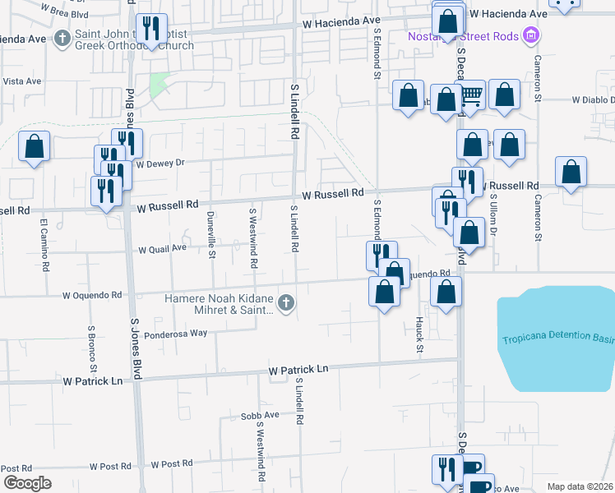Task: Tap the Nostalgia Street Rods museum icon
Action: tap(531, 35)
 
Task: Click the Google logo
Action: tap(27, 483)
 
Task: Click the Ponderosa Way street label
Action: tap(176, 335)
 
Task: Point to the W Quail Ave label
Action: tap(163, 249)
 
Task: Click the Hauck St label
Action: tap(418, 330)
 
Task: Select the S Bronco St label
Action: tap(92, 346)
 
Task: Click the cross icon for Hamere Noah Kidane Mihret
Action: tap(285, 304)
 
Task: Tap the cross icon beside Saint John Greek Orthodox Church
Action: tap(63, 38)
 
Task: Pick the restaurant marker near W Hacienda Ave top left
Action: tap(151, 29)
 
